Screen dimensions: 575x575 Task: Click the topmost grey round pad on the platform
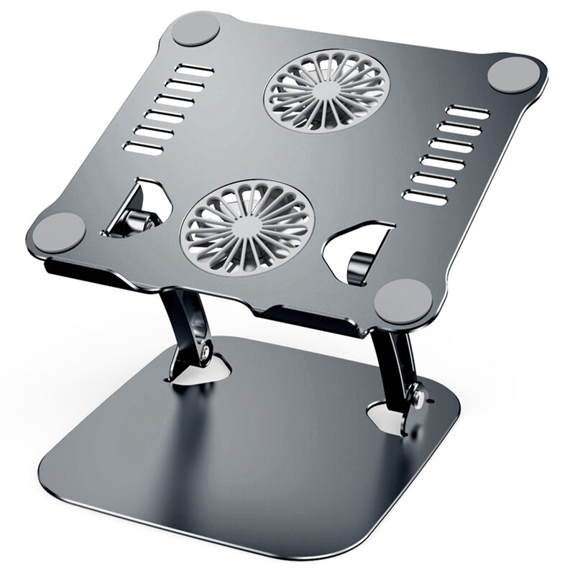[196, 30]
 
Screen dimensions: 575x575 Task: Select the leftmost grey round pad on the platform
[60, 231]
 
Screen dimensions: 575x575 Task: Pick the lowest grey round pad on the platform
[404, 300]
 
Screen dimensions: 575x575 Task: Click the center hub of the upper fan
[326, 91]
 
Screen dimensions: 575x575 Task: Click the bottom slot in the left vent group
[144, 149]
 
